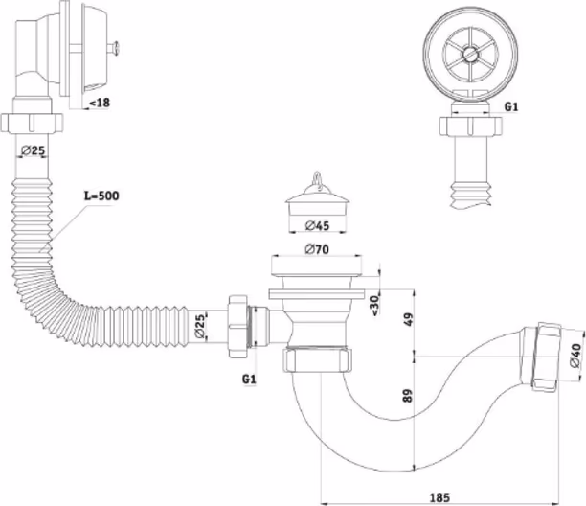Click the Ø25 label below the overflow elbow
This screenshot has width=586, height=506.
pyautogui.click(x=37, y=149)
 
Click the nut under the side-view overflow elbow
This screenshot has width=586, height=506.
pyautogui.click(x=36, y=124)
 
